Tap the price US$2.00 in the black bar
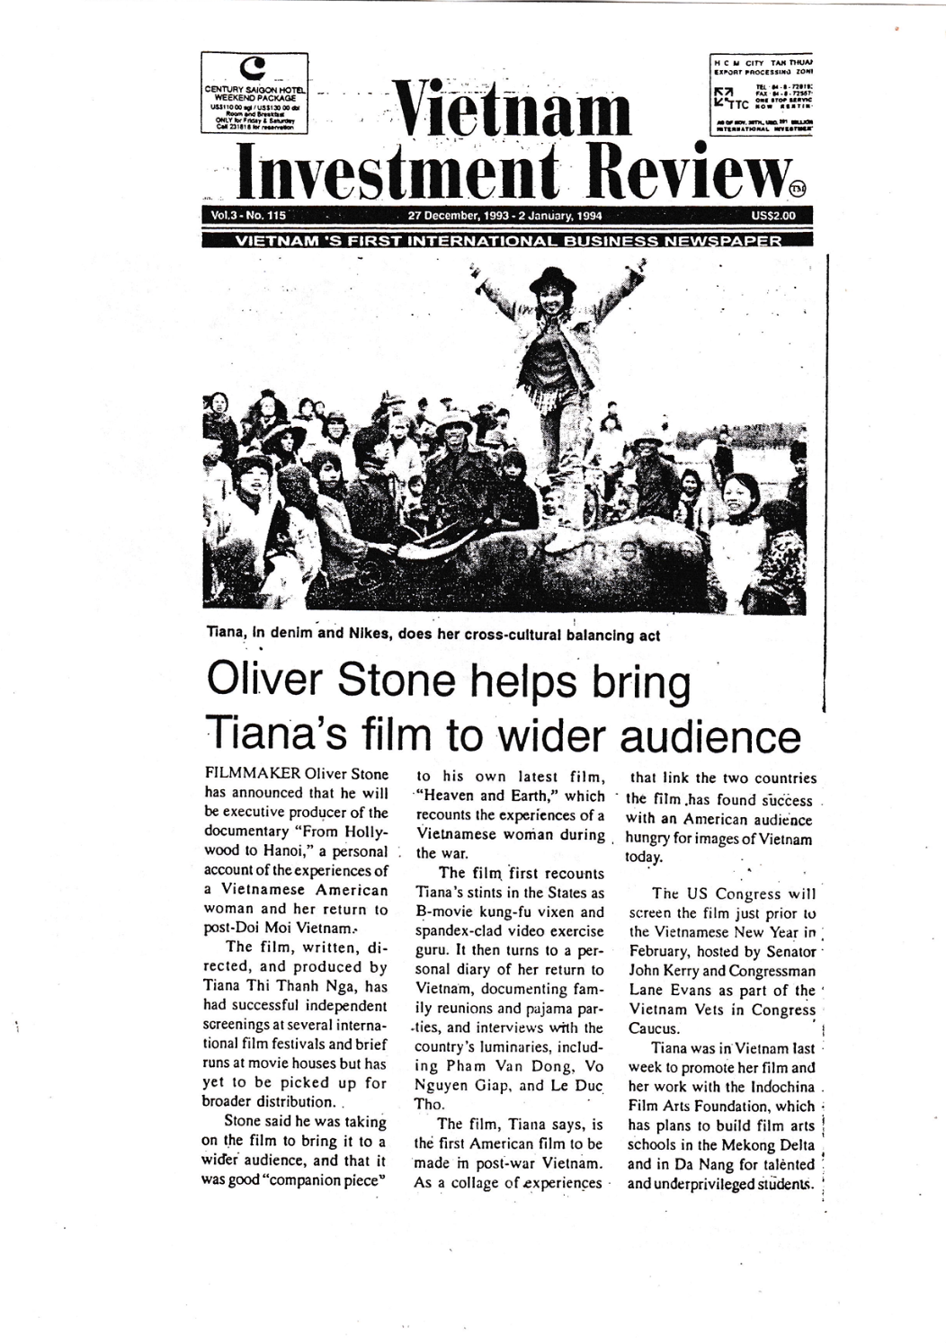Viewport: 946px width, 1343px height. coord(772,216)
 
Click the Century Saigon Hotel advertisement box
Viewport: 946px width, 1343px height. coord(256,93)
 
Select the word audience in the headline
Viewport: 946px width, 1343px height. coord(709,737)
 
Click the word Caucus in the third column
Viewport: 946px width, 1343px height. coord(654,1029)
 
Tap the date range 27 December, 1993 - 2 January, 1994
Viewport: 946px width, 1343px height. coord(504,216)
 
